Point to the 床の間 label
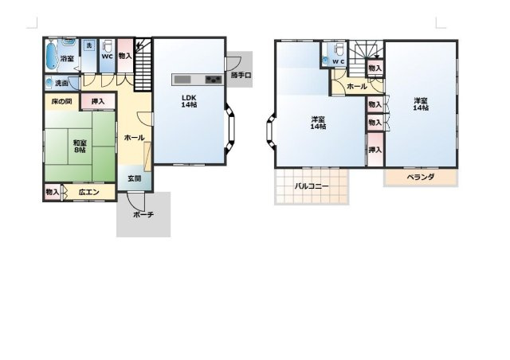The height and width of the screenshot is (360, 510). tap(61, 101)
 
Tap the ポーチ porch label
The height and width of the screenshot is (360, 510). tap(143, 214)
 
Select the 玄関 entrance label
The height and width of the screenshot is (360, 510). tap(135, 178)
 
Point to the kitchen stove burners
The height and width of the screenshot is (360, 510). tap(214, 79)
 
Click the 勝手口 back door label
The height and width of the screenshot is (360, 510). tap(241, 76)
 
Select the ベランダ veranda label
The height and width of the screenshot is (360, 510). tap(420, 177)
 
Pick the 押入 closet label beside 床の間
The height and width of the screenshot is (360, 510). tap(97, 101)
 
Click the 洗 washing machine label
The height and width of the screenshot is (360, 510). tap(88, 45)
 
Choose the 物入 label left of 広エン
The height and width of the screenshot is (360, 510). tap(52, 192)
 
